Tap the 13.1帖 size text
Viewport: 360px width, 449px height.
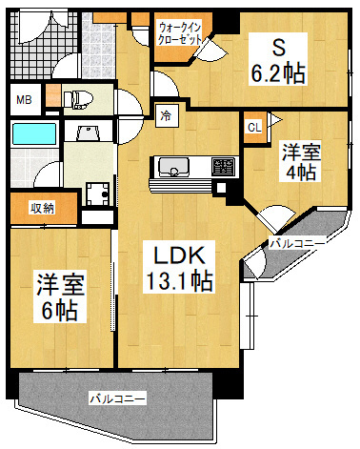click(x=178, y=281)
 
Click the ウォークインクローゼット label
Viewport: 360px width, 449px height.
click(x=179, y=35)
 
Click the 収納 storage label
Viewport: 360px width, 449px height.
click(x=41, y=208)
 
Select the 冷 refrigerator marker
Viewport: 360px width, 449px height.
click(x=166, y=116)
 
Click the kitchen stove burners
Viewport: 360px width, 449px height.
click(x=221, y=167)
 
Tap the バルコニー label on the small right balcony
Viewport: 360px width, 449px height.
click(x=296, y=244)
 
